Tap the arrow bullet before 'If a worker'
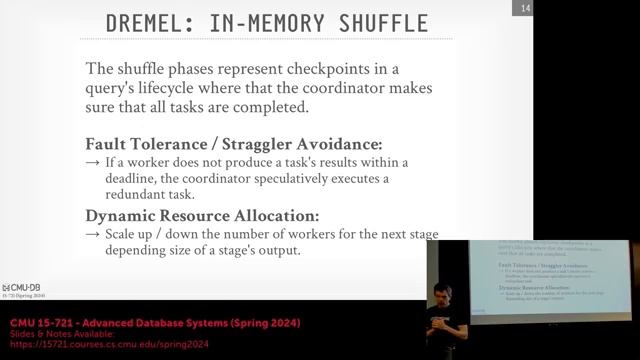tap(92, 162)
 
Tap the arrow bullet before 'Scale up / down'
tap(92, 233)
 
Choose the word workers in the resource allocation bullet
tap(317, 233)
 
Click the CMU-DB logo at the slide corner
tap(20, 287)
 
